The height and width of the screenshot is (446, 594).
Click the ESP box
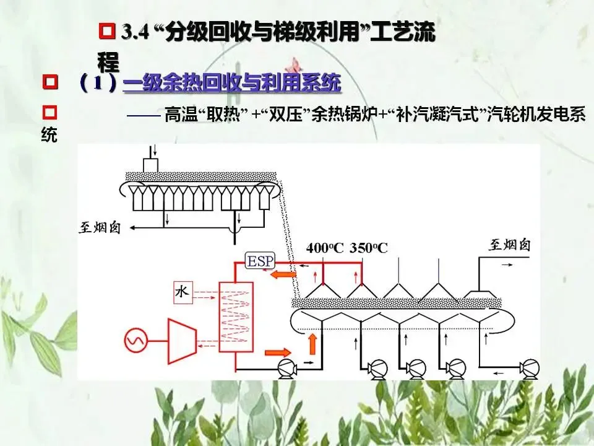point(260,261)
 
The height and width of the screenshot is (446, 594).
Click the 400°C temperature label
point(325,248)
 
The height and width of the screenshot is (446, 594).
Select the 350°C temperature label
point(368,248)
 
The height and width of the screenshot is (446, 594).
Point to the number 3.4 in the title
point(136,32)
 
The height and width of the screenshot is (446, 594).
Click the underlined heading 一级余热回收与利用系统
point(231,82)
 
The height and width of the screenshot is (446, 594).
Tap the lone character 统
point(49,135)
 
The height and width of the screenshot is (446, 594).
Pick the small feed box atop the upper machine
point(150,164)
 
